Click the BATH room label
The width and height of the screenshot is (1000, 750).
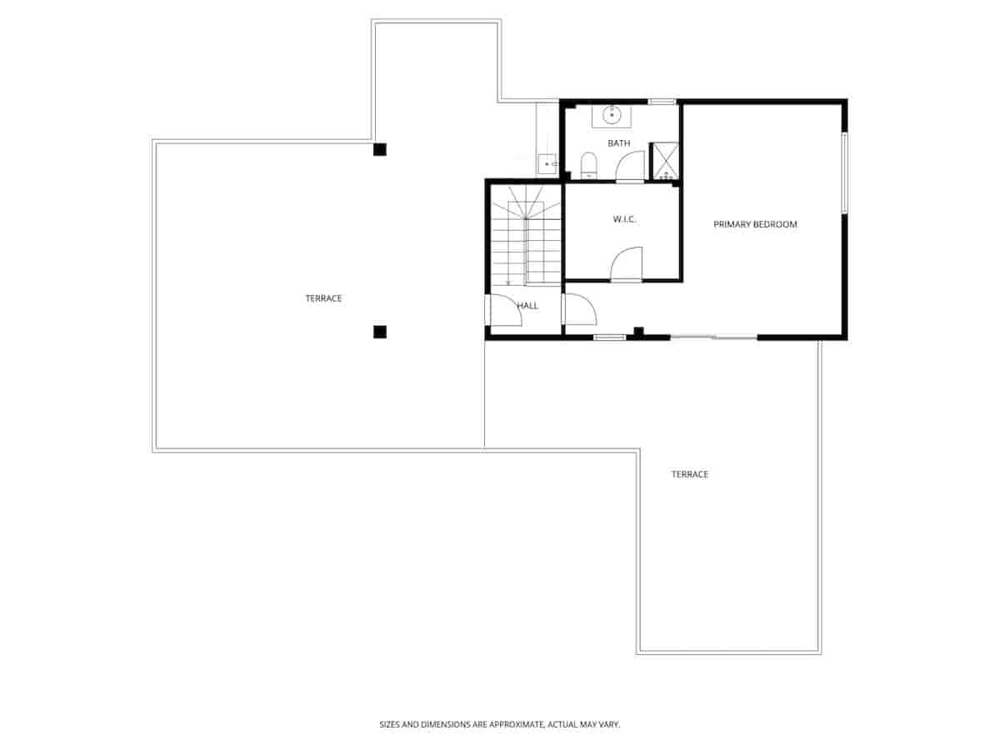(x=618, y=143)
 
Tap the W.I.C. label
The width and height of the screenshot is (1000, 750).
(x=625, y=219)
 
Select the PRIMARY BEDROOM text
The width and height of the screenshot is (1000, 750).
(x=755, y=224)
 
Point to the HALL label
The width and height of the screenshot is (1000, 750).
(x=527, y=306)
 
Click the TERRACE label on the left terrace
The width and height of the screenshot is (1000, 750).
(x=323, y=298)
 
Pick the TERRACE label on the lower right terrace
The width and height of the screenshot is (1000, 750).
(x=690, y=474)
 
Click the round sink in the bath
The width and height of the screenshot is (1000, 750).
(x=612, y=114)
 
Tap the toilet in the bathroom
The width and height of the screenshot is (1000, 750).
(x=588, y=165)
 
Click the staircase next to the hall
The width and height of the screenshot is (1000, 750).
(x=526, y=237)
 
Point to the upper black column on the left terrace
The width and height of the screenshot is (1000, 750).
(x=380, y=149)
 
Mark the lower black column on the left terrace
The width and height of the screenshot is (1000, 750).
(x=380, y=332)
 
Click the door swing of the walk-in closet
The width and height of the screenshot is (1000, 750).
(x=627, y=265)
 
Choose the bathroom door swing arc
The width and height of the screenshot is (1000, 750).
(x=630, y=167)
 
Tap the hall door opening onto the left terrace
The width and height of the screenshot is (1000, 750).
(x=502, y=311)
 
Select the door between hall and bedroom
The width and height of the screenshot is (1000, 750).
(x=578, y=309)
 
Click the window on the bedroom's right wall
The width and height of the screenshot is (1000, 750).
(x=844, y=172)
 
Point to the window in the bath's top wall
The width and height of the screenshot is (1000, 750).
(x=662, y=102)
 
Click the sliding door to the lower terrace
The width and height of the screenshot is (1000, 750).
(x=713, y=337)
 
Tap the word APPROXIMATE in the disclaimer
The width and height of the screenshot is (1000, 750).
(x=517, y=725)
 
